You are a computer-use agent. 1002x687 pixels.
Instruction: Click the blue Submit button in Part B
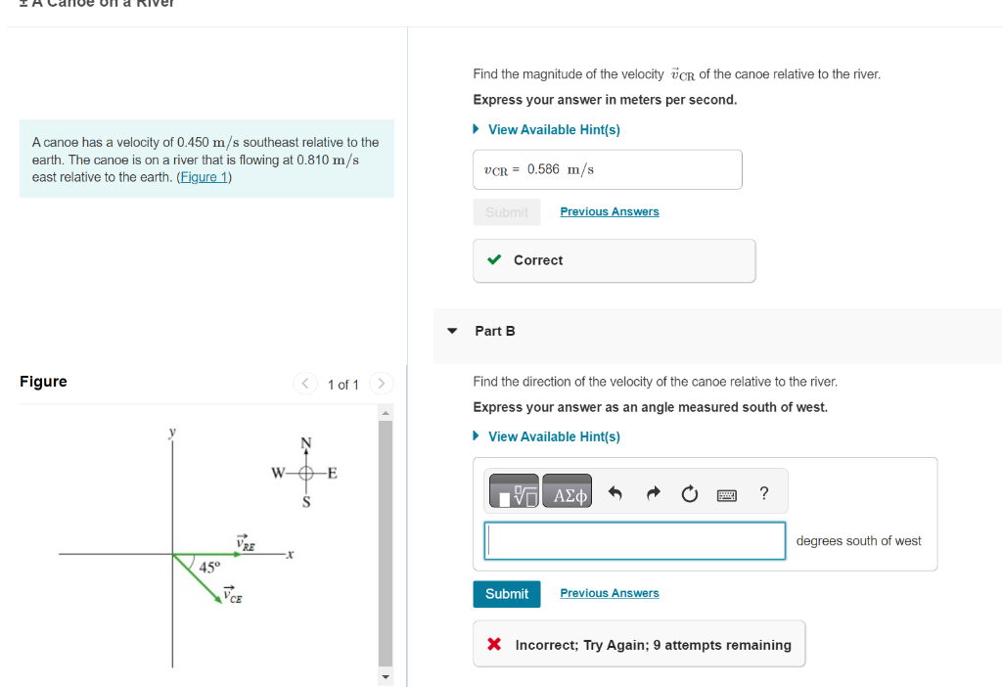point(507,594)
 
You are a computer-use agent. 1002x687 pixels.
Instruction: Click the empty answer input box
point(635,541)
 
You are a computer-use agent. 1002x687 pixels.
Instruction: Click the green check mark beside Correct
point(495,260)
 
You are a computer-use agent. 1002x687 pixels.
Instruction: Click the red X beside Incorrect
point(494,645)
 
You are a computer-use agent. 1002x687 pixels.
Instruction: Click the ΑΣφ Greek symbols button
point(570,495)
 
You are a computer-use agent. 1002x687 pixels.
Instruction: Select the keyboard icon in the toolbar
point(726,495)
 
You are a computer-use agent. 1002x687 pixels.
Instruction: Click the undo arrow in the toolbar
point(615,494)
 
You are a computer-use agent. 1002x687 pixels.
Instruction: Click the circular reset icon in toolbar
point(690,494)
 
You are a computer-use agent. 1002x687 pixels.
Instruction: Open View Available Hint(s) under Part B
point(554,436)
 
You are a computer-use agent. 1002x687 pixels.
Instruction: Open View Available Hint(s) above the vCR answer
point(554,129)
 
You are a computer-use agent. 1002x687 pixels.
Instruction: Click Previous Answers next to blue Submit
point(610,593)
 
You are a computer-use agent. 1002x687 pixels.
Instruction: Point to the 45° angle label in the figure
point(210,568)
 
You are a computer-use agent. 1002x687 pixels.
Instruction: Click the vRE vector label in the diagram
point(245,543)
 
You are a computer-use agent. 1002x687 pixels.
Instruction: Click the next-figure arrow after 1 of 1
point(383,384)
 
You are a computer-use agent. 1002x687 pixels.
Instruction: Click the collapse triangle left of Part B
point(452,331)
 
